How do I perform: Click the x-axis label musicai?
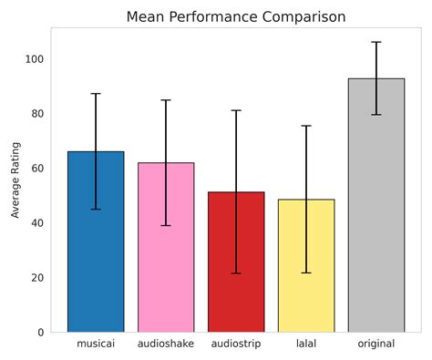pos(96,345)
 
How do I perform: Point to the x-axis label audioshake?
pos(166,345)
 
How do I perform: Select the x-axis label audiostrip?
pos(236,345)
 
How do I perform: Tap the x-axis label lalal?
pos(306,345)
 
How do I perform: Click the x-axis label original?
pos(376,345)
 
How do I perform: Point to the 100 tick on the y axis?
pos(35,59)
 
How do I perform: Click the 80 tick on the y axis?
pos(37,114)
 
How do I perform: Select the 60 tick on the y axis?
pos(37,169)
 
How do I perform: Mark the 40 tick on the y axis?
pos(37,223)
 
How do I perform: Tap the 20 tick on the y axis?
pos(37,278)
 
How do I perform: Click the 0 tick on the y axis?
pos(40,333)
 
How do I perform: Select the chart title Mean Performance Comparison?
pos(236,17)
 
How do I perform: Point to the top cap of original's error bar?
pos(376,42)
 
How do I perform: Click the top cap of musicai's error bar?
pos(96,94)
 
